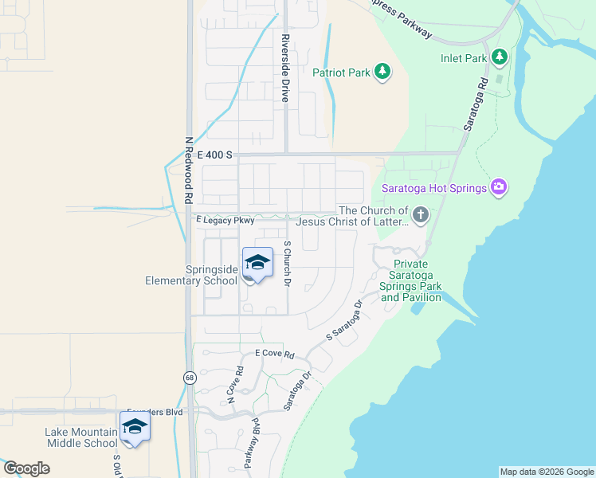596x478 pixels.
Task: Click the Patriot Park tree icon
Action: point(383,72)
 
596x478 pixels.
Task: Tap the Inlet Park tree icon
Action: point(500,57)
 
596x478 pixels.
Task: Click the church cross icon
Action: point(421,214)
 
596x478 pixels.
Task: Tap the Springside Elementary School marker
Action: point(257,264)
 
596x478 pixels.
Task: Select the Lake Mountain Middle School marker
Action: point(135,428)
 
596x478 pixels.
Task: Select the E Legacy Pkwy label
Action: point(225,220)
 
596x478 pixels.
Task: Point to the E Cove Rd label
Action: point(275,354)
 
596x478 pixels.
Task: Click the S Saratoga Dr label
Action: point(344,322)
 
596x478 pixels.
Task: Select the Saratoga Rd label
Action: point(473,104)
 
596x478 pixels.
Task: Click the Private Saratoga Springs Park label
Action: point(410,280)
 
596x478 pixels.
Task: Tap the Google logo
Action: point(26,468)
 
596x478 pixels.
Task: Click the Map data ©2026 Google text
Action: point(546,472)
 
